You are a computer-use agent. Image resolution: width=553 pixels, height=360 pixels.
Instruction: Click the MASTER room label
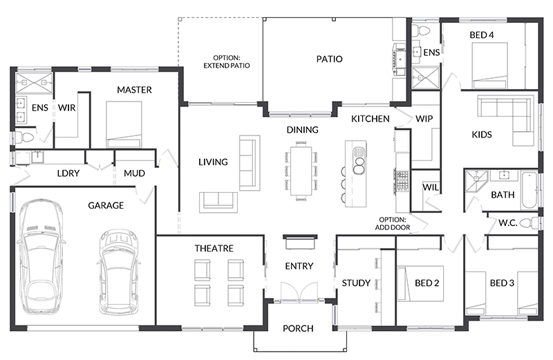click(x=134, y=90)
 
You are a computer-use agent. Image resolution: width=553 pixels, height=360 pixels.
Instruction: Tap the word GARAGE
click(x=106, y=205)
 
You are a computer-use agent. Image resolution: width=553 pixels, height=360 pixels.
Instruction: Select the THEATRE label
click(x=214, y=248)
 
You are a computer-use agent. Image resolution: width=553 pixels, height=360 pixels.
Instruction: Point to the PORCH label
click(x=299, y=328)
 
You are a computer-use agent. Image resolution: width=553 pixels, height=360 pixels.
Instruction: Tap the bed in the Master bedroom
click(x=124, y=124)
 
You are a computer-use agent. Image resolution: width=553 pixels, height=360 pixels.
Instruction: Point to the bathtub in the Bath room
click(x=529, y=190)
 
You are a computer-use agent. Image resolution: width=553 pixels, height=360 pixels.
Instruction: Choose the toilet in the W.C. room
click(x=529, y=222)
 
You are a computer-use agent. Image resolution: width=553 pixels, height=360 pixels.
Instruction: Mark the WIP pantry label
click(x=424, y=119)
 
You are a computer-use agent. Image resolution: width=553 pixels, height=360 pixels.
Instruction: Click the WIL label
click(x=430, y=187)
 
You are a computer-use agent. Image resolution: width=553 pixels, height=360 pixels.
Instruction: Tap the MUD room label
click(x=134, y=173)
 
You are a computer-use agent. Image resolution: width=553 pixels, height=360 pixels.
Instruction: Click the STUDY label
click(x=357, y=283)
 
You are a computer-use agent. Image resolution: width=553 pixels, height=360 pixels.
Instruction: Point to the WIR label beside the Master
click(x=67, y=108)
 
